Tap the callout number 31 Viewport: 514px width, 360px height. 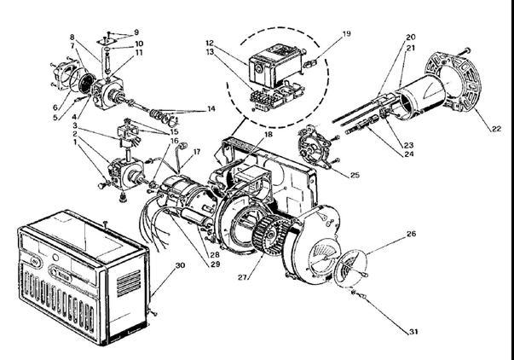[x=413, y=331]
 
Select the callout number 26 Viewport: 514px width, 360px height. [x=411, y=233]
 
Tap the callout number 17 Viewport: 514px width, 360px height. [x=197, y=153]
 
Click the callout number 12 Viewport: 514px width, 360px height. [x=209, y=42]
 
